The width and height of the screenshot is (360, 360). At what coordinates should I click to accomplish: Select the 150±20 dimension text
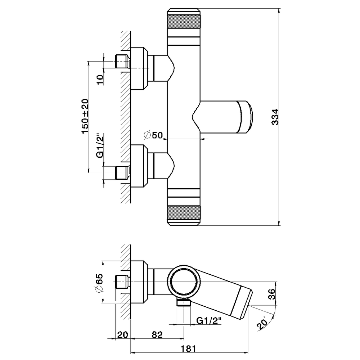coord(85,116)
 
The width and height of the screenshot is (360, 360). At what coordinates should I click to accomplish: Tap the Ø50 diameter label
coord(154,135)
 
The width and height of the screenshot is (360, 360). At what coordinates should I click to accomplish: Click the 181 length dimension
coord(188,348)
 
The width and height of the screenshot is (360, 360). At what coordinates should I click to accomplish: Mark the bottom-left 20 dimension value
coord(122,335)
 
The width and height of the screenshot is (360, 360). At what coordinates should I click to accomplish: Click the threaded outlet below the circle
coord(184,302)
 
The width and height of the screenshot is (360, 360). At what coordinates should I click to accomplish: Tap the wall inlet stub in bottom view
coord(122,282)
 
